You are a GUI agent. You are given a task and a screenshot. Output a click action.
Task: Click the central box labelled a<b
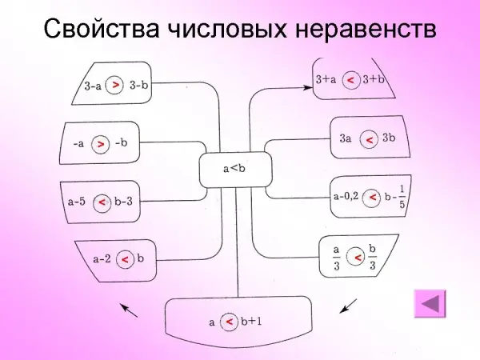(x=236, y=168)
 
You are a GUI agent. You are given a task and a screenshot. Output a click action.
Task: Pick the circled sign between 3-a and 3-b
(x=117, y=84)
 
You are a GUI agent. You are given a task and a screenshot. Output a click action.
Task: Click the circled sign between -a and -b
(x=101, y=144)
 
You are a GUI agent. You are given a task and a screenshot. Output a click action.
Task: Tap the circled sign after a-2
(x=125, y=259)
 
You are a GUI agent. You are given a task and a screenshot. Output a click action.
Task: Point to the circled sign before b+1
(x=229, y=322)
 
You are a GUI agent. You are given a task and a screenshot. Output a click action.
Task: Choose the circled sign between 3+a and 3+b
(x=350, y=81)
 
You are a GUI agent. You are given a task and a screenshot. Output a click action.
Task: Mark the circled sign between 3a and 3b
(x=369, y=140)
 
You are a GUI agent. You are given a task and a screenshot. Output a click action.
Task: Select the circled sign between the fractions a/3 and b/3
(x=357, y=256)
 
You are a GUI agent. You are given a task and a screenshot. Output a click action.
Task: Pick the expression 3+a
(x=325, y=80)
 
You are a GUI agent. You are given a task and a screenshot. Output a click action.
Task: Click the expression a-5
(x=78, y=203)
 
